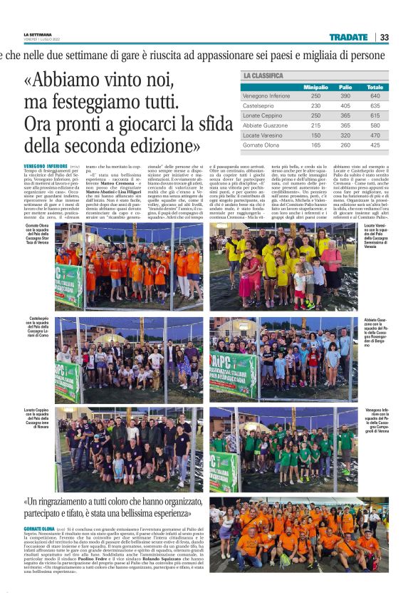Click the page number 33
(385, 37)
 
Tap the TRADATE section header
(348, 37)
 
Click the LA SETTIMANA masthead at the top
(37, 33)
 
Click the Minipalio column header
(315, 87)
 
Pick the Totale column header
(375, 87)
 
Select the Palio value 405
(345, 105)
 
